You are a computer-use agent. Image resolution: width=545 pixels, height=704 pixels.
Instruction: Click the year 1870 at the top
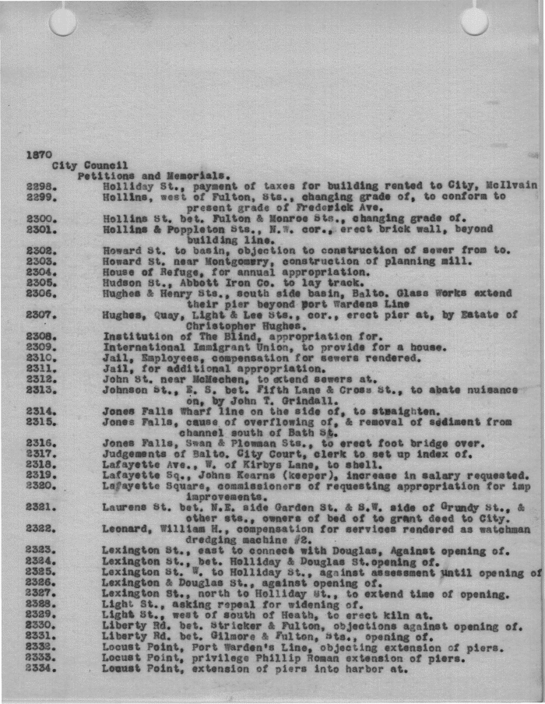point(39,154)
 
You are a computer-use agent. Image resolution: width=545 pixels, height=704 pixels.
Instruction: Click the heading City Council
point(90,165)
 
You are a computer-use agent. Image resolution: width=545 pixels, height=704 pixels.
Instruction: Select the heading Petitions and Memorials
point(153,176)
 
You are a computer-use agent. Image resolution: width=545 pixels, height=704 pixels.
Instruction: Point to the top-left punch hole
point(62,22)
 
